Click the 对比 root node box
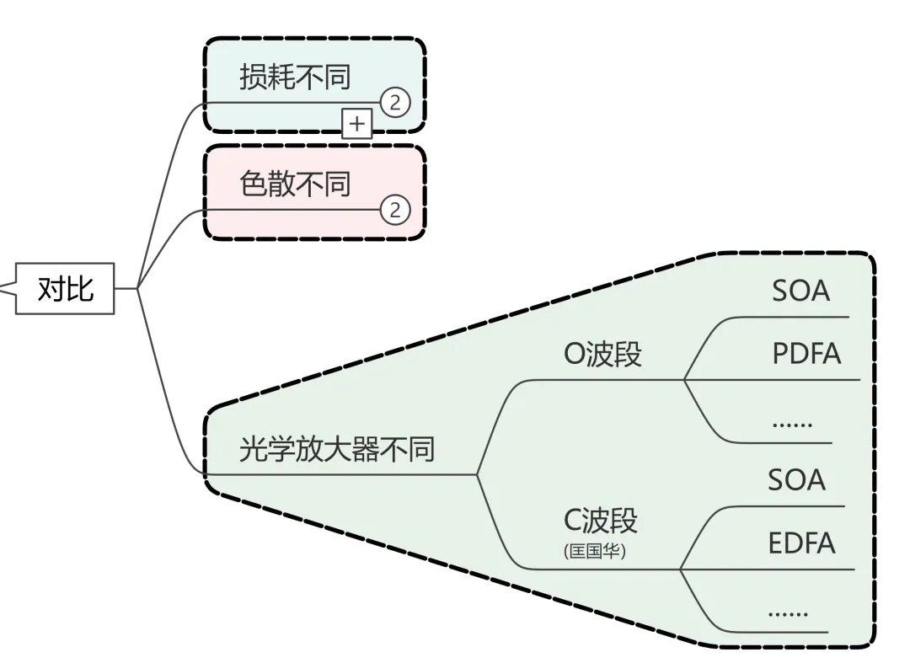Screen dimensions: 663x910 click(x=66, y=290)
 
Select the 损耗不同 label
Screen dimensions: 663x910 click(x=294, y=78)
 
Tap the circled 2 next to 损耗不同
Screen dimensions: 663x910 click(x=395, y=103)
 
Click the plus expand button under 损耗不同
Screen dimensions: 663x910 click(x=357, y=124)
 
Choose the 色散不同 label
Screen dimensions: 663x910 click(x=294, y=183)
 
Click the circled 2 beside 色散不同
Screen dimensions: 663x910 click(x=395, y=208)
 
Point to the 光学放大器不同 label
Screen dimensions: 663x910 click(x=337, y=449)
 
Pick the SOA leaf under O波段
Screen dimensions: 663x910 click(x=800, y=291)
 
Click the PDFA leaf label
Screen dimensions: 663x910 click(x=806, y=354)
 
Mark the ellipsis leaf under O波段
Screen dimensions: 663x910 click(x=792, y=422)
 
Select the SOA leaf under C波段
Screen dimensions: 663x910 click(x=796, y=480)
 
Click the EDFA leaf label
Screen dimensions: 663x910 click(x=801, y=543)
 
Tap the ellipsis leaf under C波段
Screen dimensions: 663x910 click(x=788, y=612)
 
